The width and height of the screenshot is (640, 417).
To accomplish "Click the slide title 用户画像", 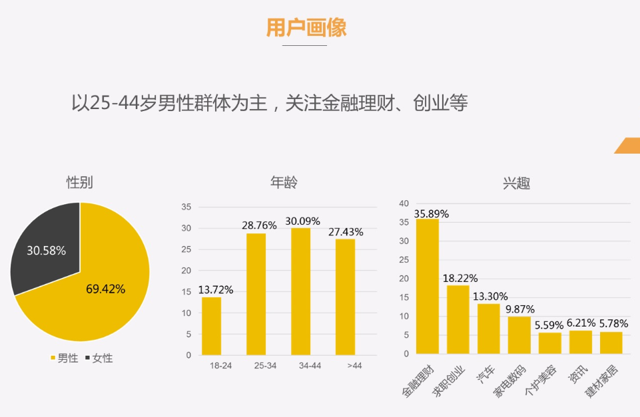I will pyautogui.click(x=306, y=27).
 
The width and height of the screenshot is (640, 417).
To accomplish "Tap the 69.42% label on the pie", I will pyautogui.click(x=105, y=289).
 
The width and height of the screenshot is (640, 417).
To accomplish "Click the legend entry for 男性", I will pyautogui.click(x=64, y=358).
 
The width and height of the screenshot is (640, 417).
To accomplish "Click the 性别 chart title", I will pyautogui.click(x=79, y=182).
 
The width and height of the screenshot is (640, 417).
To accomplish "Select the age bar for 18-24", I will pyautogui.click(x=211, y=326).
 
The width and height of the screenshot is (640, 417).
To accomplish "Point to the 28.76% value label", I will pyautogui.click(x=259, y=225).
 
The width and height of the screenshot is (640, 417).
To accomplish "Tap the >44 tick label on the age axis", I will pyautogui.click(x=354, y=366).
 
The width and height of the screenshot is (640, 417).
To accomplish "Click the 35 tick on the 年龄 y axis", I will pyautogui.click(x=186, y=207).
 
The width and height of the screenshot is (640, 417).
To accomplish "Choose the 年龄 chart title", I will pyautogui.click(x=284, y=182).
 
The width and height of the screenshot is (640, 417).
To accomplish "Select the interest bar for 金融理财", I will pyautogui.click(x=428, y=286).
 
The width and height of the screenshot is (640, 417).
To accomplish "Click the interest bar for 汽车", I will pyautogui.click(x=488, y=328).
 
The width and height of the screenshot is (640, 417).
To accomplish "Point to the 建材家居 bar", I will pyautogui.click(x=611, y=343).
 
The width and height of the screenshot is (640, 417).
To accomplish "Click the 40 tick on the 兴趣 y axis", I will pyautogui.click(x=404, y=204).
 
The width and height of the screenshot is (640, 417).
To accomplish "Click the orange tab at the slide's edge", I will pyautogui.click(x=628, y=146).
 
